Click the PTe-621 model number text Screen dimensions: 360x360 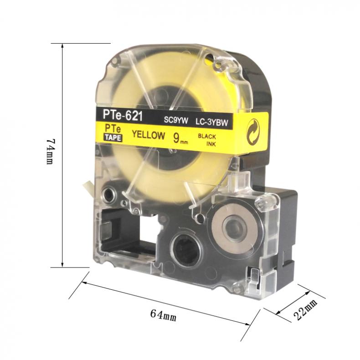tap(123, 115)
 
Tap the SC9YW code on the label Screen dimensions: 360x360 tap(176, 120)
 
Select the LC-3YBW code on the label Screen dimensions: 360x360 tap(212, 123)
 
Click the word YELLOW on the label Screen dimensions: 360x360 tap(148, 135)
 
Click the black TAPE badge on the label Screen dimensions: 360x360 tap(113, 138)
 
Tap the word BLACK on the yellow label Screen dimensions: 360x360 tap(207, 137)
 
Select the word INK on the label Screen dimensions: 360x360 tap(211, 144)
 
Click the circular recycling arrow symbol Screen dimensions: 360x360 tap(253, 132)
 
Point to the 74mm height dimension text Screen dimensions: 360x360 tap(50, 151)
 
